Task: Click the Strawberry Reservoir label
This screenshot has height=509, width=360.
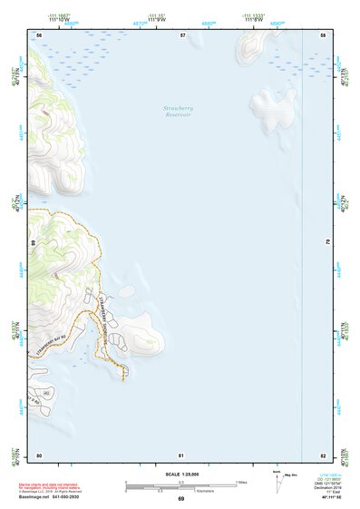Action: [x=178, y=112]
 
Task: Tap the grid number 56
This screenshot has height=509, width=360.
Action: [x=39, y=34]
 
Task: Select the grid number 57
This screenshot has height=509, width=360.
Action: [x=182, y=34]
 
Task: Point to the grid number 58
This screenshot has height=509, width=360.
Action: [x=323, y=34]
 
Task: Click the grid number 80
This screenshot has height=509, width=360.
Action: [x=39, y=455]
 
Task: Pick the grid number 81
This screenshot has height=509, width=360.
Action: [x=181, y=455]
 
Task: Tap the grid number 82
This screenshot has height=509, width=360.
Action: [x=323, y=455]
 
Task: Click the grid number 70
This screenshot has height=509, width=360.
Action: [x=327, y=243]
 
